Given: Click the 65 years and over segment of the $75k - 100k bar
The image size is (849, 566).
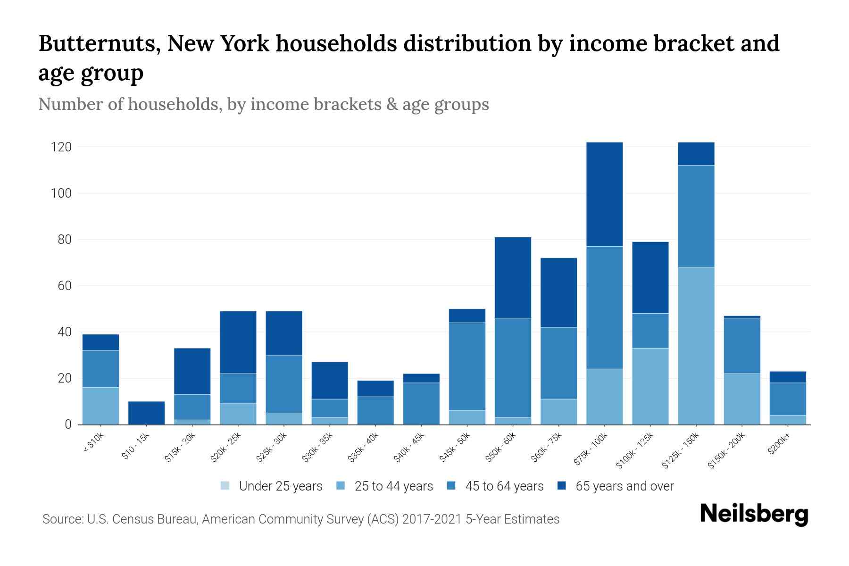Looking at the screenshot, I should coord(604,194).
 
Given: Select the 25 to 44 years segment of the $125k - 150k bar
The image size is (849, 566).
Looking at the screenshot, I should coord(696,345).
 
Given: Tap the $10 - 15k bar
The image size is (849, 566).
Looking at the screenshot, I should coord(146,413).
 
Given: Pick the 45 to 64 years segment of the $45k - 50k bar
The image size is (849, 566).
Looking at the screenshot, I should coord(467,366).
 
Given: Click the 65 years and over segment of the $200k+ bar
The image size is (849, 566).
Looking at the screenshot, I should coord(787,377).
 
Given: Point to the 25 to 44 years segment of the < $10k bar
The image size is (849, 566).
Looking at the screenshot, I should coord(100,406).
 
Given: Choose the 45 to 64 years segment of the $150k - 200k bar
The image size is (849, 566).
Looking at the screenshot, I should coord(741,346).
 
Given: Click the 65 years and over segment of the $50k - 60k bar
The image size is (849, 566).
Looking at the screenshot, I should coord(513,277).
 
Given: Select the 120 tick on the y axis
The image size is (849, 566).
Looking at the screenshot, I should coord(61,147).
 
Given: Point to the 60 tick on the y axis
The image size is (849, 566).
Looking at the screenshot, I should coord(64,286).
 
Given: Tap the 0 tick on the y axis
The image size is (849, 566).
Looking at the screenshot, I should coord(68,424).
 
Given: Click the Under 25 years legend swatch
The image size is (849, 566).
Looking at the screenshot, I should coord(225,486).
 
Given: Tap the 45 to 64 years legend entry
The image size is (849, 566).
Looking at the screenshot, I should coord(504,486).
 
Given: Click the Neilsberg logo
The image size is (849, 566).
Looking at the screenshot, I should coord(754,514).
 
